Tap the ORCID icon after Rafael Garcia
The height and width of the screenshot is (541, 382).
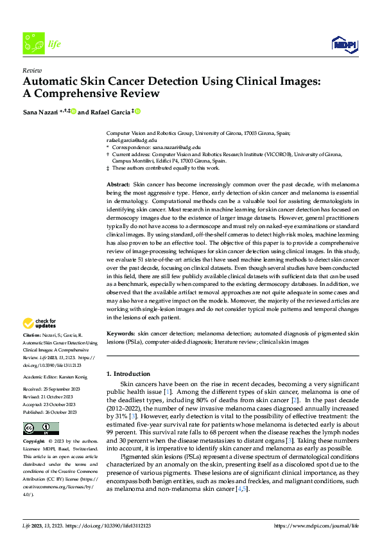(x=137, y=112)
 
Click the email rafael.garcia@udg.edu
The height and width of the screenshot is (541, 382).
(x=132, y=139)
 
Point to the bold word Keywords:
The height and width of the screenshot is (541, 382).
(x=121, y=335)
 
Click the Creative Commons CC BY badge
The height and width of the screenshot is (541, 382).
(x=40, y=429)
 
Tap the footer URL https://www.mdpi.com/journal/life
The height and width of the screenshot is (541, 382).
(x=317, y=526)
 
